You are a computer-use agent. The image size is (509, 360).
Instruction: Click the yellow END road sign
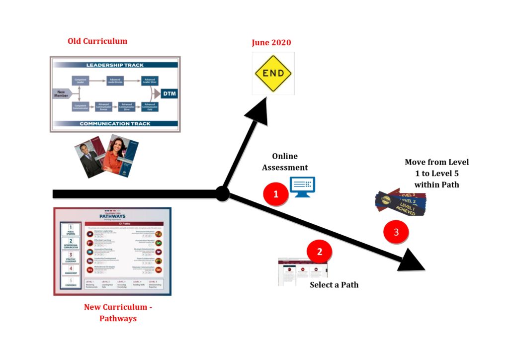273,73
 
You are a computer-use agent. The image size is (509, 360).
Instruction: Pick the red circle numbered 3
396,232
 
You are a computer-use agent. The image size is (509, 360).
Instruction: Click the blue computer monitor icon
302,187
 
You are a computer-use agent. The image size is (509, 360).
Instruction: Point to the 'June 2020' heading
271,42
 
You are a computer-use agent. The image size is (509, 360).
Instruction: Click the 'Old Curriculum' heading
97,41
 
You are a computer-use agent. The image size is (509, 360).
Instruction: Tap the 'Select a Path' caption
334,285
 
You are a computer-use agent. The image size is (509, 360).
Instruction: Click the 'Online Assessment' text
285,162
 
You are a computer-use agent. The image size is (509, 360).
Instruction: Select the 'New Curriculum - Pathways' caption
118,313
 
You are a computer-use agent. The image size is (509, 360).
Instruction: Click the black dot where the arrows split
222,193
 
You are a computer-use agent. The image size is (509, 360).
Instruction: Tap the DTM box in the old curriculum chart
169,93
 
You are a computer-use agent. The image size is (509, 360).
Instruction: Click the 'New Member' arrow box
62,93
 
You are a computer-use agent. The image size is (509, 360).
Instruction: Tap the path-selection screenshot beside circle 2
302,271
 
